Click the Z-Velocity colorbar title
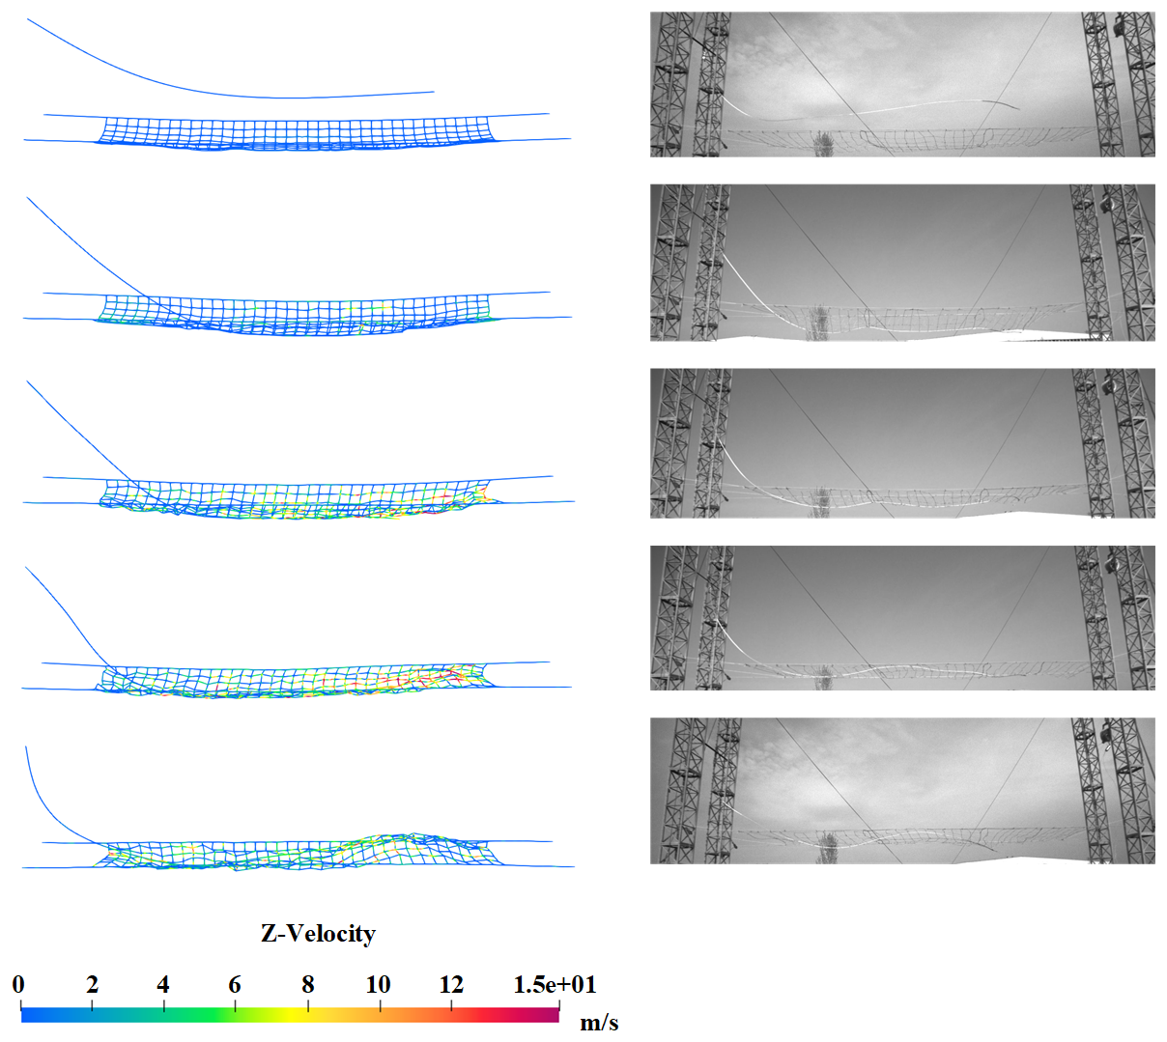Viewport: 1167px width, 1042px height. (318, 934)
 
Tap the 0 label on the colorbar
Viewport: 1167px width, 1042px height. (18, 985)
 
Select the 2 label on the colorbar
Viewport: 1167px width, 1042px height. (92, 985)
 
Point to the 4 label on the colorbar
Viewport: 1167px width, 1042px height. (163, 985)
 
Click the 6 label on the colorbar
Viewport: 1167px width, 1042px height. (235, 985)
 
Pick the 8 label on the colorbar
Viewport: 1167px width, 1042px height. (307, 985)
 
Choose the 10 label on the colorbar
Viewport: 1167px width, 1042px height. (379, 985)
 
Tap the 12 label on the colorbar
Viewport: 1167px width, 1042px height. (451, 985)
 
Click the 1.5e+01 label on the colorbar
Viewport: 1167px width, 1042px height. (555, 985)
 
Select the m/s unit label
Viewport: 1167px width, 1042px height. (599, 1022)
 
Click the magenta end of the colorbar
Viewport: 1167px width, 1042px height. (553, 1014)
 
